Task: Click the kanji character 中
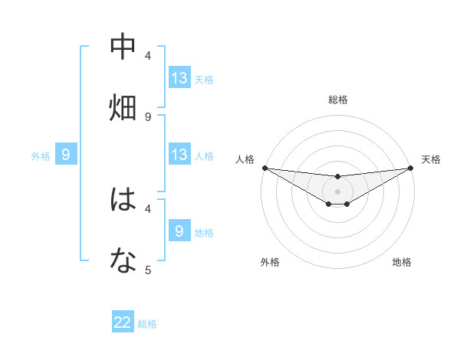point(123,47)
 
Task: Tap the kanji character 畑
point(123,108)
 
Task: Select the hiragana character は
point(123,200)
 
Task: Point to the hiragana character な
point(123,261)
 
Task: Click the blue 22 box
point(123,323)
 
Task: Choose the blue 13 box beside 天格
point(179,78)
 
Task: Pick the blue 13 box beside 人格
point(179,155)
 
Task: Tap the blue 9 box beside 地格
point(179,231)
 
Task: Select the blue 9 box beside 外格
point(66,155)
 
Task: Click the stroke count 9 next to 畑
point(148,117)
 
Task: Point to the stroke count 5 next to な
point(148,270)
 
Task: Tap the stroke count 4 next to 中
point(148,56)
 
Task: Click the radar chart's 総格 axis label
point(338,100)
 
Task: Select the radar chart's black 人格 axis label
point(245,159)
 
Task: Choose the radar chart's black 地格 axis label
point(402,263)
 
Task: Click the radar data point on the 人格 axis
point(264,168)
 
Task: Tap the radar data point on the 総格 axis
point(338,177)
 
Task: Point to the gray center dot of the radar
point(338,191)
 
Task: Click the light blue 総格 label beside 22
point(147,324)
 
